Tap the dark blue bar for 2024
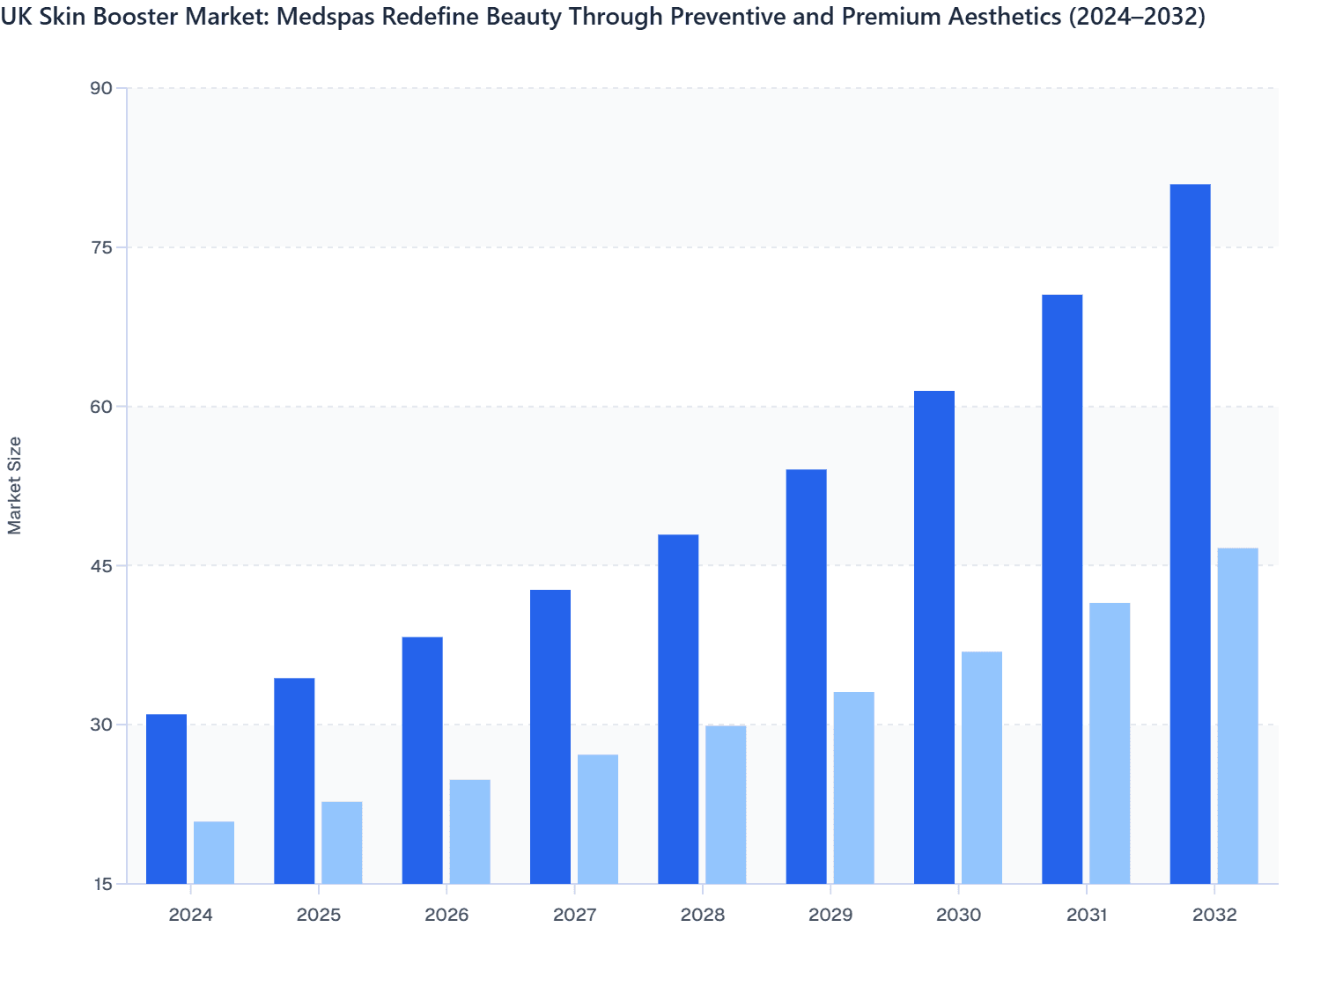pos(166,798)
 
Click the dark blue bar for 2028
pos(678,709)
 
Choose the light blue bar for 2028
pos(726,805)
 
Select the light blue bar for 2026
pos(469,831)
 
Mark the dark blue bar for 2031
pos(1062,589)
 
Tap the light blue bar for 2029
pos(853,788)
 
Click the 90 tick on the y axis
pos(101,88)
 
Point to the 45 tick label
pos(101,565)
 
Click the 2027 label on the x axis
pos(574,916)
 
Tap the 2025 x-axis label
pos(319,916)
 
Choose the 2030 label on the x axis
pos(958,916)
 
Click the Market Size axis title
pos(15,485)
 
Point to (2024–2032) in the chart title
pos(1136,17)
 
